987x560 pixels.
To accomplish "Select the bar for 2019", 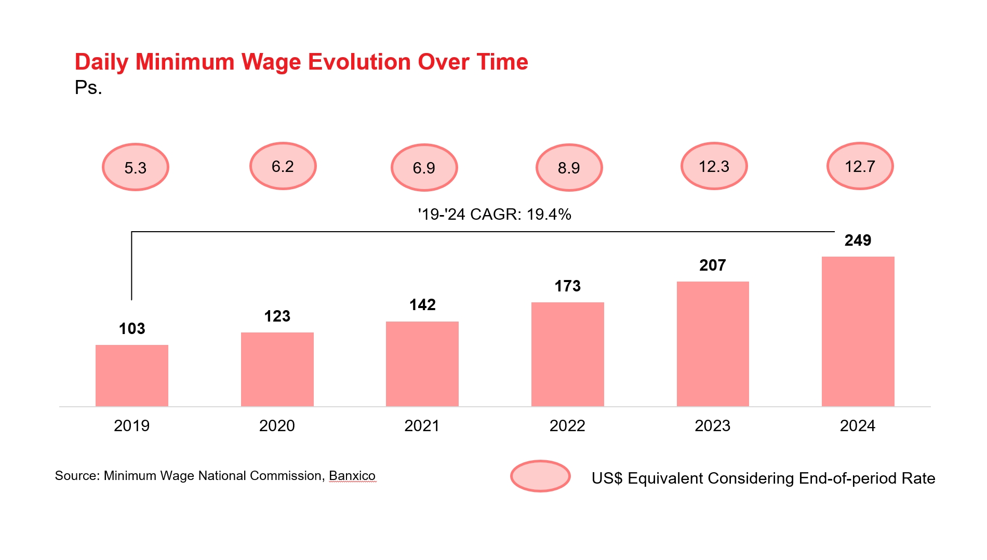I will click(x=132, y=375).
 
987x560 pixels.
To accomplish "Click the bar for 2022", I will click(x=567, y=354).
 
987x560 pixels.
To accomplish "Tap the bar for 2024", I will click(x=858, y=331).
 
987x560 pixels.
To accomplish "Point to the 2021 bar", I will click(x=422, y=364).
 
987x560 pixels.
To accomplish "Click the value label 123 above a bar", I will click(x=277, y=316).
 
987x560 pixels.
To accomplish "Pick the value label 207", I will click(x=712, y=265).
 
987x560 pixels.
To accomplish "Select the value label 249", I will click(x=858, y=241).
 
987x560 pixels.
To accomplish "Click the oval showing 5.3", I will click(x=136, y=167).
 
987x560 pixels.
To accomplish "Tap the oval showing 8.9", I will click(x=569, y=168).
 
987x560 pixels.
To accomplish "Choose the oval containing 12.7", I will click(x=860, y=166).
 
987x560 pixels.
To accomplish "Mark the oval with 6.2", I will click(x=283, y=166).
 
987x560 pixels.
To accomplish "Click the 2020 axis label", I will click(x=277, y=426).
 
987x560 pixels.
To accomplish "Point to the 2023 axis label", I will click(x=712, y=426).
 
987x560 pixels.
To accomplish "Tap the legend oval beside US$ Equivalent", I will click(x=540, y=476).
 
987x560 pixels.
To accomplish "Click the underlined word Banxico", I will click(x=352, y=476).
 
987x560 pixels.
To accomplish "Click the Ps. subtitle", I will click(x=88, y=88).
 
